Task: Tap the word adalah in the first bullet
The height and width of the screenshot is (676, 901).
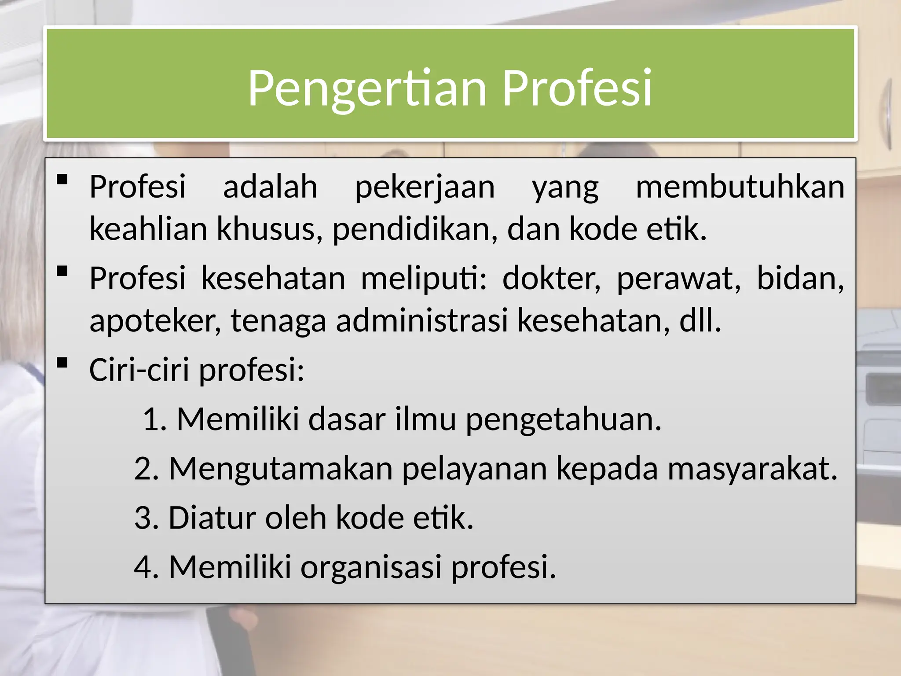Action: click(x=270, y=187)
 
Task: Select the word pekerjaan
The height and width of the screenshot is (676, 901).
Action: click(x=425, y=187)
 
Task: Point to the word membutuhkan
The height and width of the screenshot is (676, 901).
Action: click(x=740, y=187)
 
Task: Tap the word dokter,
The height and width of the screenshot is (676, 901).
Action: click(x=552, y=279)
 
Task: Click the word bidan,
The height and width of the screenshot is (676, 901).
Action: click(x=800, y=279)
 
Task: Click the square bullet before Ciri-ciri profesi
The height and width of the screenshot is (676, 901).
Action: click(x=62, y=363)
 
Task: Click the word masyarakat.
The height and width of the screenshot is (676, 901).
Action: click(x=752, y=468)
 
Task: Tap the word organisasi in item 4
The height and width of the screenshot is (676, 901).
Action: click(x=371, y=567)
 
